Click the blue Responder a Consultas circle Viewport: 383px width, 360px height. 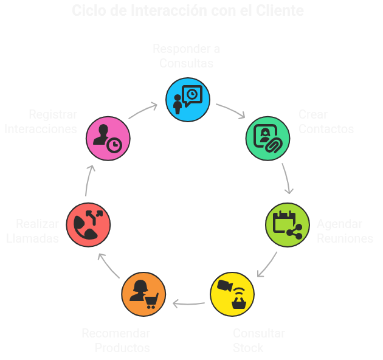coord(188,99)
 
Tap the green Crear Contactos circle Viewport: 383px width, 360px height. coord(267,138)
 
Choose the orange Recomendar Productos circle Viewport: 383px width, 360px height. coord(143,294)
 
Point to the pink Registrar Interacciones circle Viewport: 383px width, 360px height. coord(108,138)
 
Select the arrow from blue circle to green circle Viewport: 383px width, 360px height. coord(230,111)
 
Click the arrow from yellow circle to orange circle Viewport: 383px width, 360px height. coord(188,303)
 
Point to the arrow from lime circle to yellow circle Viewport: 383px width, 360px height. coord(268,265)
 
